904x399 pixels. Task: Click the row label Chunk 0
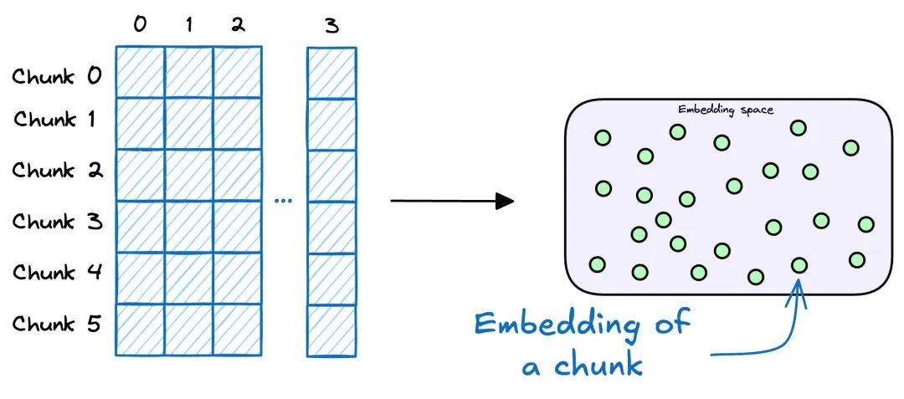pos(57,77)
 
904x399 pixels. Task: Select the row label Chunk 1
pos(57,120)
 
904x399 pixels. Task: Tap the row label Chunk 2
pos(57,171)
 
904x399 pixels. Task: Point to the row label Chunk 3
pos(57,222)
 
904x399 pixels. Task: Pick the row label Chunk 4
pos(57,273)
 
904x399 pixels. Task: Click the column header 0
pos(140,25)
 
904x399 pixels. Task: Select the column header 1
pos(188,25)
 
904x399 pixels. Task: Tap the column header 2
pos(238,25)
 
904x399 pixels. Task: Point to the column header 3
pos(331,26)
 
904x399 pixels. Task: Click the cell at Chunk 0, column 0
pos(140,73)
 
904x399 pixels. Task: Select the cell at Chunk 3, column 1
pos(188,227)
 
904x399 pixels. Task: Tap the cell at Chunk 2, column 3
pos(331,175)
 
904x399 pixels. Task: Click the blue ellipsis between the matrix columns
pos(284,201)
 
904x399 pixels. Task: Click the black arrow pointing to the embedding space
pos(452,201)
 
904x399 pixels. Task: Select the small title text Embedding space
pos(726,110)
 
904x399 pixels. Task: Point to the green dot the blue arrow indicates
pos(799,265)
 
